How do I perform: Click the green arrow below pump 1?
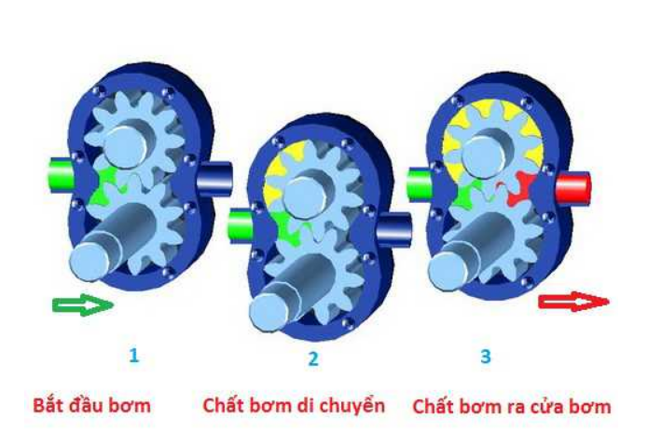tap(82, 305)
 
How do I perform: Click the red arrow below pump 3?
tap(573, 302)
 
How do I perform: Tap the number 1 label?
tap(135, 354)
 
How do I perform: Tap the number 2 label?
tap(313, 358)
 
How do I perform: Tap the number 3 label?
tap(485, 356)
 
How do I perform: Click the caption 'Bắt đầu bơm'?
tap(91, 406)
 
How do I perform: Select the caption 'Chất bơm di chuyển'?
tap(293, 406)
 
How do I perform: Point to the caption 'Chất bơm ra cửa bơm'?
tap(512, 406)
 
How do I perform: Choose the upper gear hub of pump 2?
tap(305, 193)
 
